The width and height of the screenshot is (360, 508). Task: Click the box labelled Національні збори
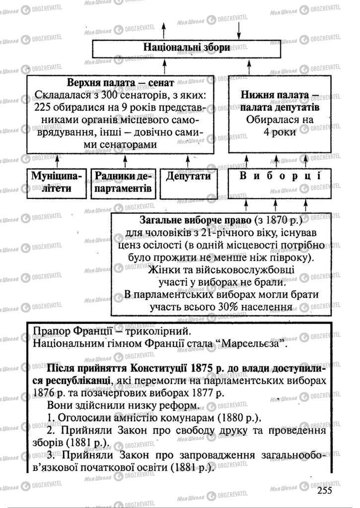[x=186, y=48]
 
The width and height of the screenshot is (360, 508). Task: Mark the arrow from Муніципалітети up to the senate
[x=57, y=161]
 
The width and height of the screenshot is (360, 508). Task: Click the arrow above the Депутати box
[x=188, y=161]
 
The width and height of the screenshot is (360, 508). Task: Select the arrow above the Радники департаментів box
[x=125, y=161]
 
